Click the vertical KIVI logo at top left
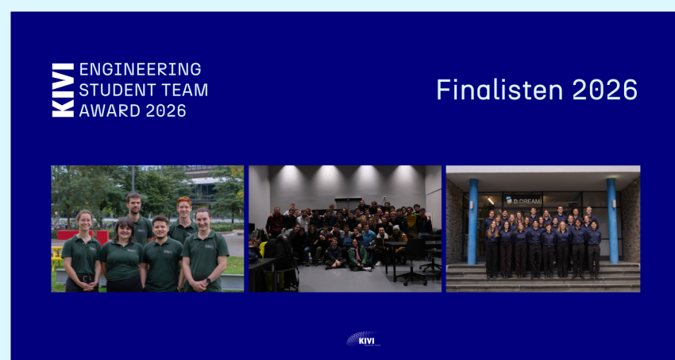(x=63, y=90)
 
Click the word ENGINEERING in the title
(x=140, y=69)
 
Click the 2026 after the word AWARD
(x=166, y=110)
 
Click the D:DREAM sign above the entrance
(x=523, y=199)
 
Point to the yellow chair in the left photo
(x=56, y=258)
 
